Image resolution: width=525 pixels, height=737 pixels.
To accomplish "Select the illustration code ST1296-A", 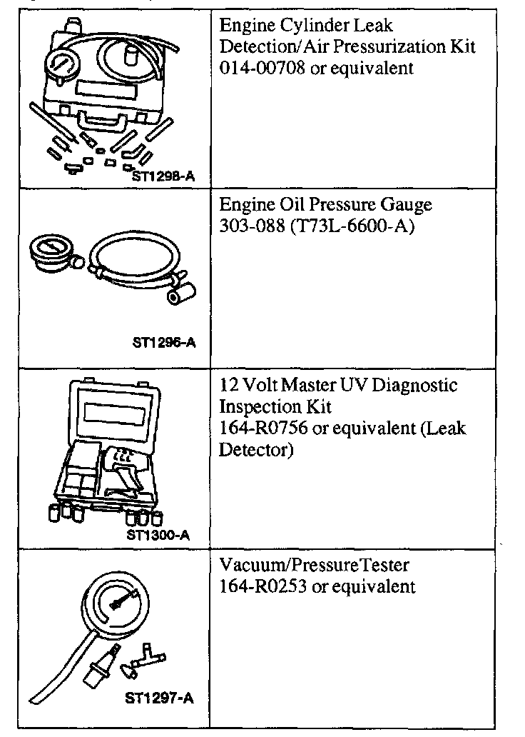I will [x=163, y=344].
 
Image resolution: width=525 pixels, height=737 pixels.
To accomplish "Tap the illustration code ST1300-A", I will [x=158, y=533].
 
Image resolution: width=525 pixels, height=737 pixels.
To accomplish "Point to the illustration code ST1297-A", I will [x=158, y=698].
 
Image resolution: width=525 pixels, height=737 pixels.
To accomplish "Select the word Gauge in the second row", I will [x=407, y=206].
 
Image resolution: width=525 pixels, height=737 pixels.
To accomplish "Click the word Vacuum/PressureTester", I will [x=315, y=566].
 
